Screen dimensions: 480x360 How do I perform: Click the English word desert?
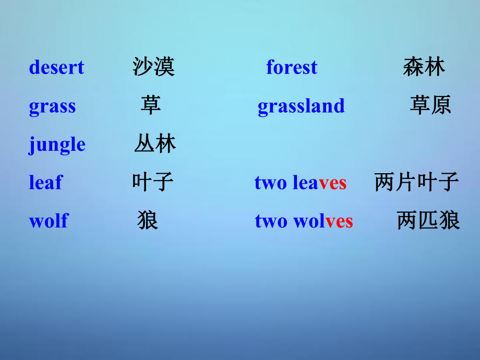point(57,67)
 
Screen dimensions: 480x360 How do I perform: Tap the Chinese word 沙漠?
point(154,66)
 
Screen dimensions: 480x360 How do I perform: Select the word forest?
point(292,67)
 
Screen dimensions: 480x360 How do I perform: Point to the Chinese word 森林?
point(424,66)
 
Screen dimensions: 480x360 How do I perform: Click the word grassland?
point(301,106)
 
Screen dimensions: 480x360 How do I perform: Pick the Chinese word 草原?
point(430,105)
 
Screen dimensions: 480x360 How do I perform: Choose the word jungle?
point(57,145)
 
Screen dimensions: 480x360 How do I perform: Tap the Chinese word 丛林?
point(155,143)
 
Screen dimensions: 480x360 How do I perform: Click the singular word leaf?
point(46,182)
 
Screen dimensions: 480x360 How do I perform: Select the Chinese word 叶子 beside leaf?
point(153,182)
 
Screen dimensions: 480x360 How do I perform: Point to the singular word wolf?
point(49,220)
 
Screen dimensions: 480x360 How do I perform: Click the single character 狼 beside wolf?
point(148,220)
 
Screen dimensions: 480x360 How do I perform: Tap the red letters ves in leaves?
point(333,183)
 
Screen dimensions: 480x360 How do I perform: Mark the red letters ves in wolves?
point(339,222)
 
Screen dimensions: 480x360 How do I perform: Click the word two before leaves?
point(271,183)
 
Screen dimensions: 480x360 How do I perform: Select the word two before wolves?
point(271,221)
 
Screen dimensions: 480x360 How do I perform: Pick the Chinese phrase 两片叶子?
point(417,182)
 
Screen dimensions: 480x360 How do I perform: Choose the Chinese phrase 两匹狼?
point(428,220)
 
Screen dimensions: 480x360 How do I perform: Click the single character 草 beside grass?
point(151,105)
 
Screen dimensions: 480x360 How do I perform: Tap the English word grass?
point(52,107)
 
